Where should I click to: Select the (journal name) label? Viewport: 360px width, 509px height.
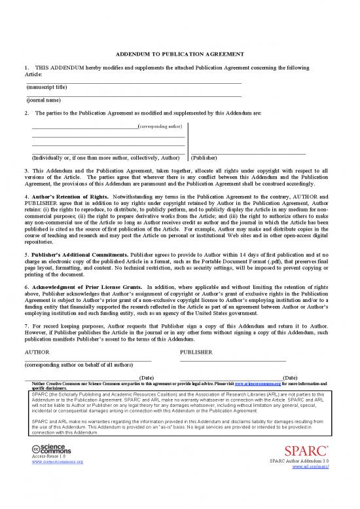coord(43,100)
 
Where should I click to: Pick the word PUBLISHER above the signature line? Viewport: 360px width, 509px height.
coord(196,352)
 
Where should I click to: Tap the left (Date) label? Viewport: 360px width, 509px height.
coord(147,378)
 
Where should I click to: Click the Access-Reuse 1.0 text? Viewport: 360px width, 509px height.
coord(45,457)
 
